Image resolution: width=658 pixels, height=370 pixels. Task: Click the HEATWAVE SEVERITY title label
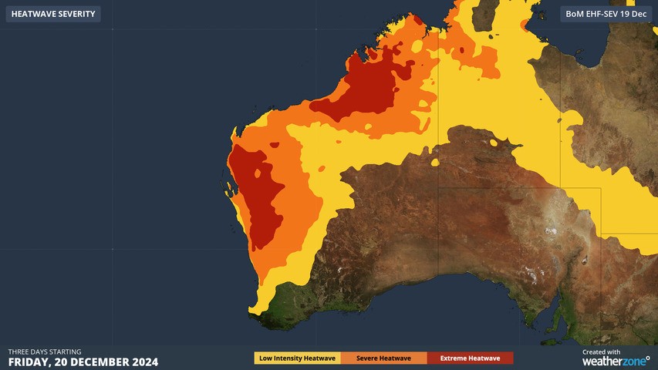point(53,14)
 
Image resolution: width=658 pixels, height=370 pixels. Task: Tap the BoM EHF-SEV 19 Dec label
point(606,14)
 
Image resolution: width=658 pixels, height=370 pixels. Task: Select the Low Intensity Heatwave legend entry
point(297,358)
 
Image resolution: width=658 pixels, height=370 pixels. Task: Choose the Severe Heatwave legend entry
point(383,358)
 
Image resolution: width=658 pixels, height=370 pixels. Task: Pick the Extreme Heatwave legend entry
point(470,358)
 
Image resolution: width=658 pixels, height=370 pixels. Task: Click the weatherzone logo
point(616,361)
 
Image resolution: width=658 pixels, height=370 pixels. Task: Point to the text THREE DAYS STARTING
point(45,351)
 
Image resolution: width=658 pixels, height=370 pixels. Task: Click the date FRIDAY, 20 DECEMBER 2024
point(83,362)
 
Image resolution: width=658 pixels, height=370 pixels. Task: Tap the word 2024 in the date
point(144,362)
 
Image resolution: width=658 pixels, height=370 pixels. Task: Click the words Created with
point(601,351)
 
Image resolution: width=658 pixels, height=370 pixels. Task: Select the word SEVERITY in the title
point(77,14)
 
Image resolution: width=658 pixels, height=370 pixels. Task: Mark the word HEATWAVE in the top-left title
point(33,14)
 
